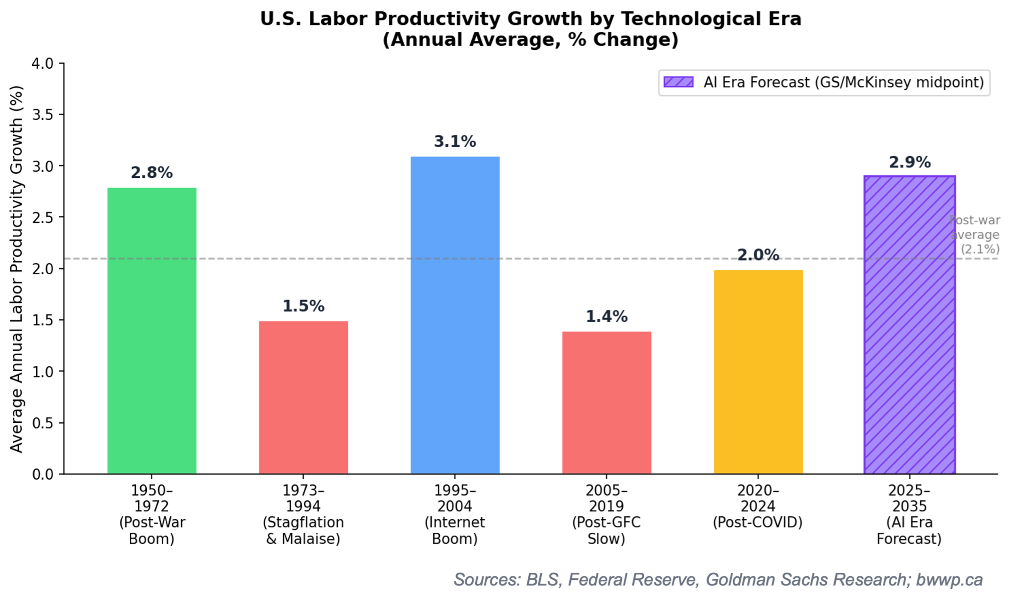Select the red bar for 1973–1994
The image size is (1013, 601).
303,397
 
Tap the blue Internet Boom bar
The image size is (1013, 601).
455,315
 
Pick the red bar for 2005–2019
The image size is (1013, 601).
607,403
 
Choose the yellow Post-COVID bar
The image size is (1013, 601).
758,372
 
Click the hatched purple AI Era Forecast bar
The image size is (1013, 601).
910,324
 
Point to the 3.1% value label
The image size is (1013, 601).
455,141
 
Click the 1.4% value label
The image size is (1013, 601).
607,316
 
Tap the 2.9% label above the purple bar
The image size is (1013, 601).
910,162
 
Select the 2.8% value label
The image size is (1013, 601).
152,173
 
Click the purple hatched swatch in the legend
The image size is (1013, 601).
678,82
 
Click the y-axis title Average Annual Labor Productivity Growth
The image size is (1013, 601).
16,269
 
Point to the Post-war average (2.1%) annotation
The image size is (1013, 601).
975,235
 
